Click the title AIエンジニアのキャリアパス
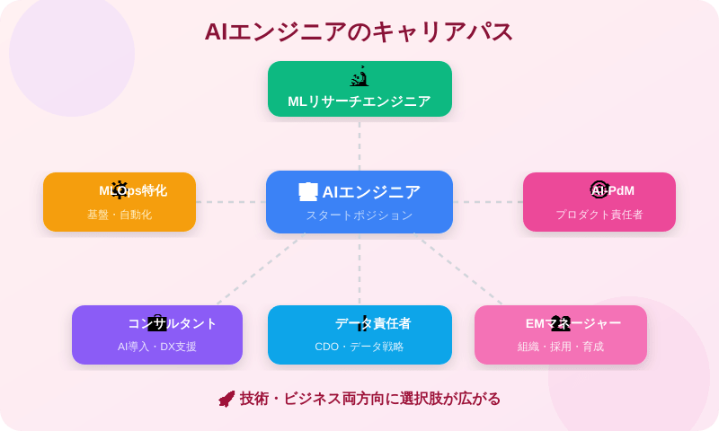click(x=359, y=31)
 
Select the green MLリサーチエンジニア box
click(x=359, y=89)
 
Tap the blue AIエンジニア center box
click(x=359, y=202)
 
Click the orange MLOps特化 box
click(x=120, y=202)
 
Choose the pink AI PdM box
click(x=599, y=202)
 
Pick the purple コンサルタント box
click(x=157, y=335)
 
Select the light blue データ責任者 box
click(x=359, y=335)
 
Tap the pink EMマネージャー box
click(x=561, y=335)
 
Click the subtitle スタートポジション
click(x=359, y=215)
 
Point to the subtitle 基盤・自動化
click(x=120, y=215)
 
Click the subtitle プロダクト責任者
click(x=599, y=215)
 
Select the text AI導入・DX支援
click(x=157, y=347)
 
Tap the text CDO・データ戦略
click(x=359, y=347)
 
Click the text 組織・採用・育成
click(x=561, y=347)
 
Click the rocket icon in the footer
click(x=226, y=399)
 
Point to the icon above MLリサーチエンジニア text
click(x=359, y=77)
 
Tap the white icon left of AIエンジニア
click(x=308, y=192)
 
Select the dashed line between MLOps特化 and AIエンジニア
click(x=231, y=202)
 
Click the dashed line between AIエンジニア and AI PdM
click(x=488, y=202)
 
